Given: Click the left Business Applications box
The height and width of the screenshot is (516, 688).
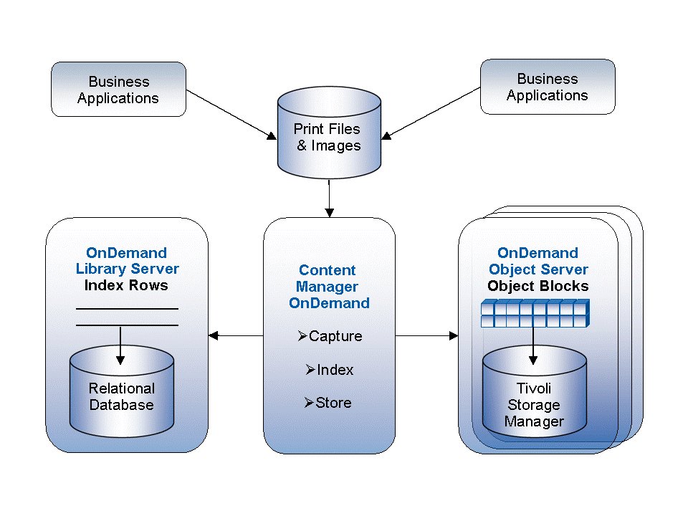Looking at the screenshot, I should coord(118,90).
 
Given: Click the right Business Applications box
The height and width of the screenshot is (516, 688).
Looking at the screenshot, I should coord(547,87).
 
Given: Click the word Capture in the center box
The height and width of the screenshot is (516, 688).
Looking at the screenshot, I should coord(335,336).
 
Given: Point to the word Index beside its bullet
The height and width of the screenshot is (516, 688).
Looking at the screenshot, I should coord(335,370).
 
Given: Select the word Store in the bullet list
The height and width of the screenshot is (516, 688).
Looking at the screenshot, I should coord(334,403).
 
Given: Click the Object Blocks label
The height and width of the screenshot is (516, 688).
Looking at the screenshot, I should coord(537,286).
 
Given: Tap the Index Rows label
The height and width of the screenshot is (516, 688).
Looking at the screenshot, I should coord(126,285).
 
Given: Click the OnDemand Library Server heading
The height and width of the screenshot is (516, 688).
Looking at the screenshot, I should coord(127,261).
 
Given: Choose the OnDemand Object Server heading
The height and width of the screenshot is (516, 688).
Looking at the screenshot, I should coord(537,262).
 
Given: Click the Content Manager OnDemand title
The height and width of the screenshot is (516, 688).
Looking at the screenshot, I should coord(329,287).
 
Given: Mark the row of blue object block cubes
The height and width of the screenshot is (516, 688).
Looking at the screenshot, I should coord(533,313).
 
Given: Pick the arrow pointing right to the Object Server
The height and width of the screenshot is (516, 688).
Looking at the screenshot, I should coord(427,335).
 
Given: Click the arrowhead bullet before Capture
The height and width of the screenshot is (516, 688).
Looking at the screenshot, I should coord(302,335).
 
